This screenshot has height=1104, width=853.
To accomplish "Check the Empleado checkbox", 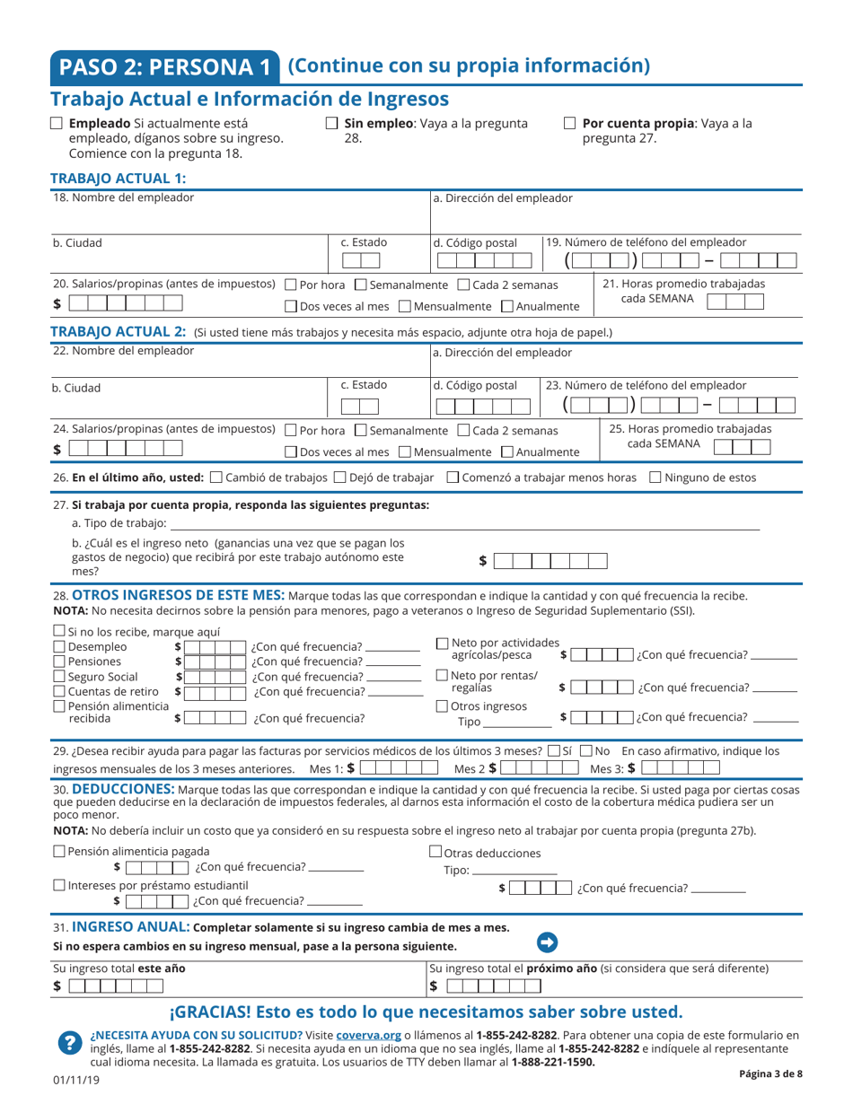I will coord(57,124).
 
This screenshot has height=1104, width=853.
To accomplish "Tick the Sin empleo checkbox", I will coord(331,124).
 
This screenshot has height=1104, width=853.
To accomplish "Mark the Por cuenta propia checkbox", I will coord(569,124).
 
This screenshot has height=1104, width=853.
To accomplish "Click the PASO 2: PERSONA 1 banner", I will coord(165,66).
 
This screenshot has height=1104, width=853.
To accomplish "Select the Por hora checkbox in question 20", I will coord(290,285).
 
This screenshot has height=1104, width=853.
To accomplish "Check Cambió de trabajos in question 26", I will coord(215,478).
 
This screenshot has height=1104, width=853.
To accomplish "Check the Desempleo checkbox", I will coord(59,646).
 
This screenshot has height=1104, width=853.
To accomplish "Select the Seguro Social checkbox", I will coord(59,677).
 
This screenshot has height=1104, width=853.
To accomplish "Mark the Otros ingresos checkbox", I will coord(442,705).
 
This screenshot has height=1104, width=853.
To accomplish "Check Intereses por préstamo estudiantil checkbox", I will coord(59,885).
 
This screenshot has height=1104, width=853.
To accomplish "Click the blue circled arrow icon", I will coord(547,942).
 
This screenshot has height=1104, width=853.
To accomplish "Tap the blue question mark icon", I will coord(68,1042).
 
